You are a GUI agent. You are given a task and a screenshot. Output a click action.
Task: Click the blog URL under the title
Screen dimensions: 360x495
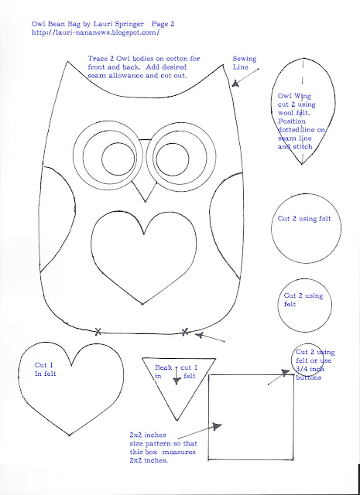click(95, 32)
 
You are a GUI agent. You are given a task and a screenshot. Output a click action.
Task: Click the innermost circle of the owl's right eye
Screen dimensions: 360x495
click(173, 159)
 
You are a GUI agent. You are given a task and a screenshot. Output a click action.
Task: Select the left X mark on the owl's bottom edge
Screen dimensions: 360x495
click(98, 332)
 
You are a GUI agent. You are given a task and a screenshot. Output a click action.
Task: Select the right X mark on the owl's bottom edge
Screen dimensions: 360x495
click(185, 332)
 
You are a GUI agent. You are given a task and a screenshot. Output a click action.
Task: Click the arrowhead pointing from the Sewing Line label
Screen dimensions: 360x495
click(235, 84)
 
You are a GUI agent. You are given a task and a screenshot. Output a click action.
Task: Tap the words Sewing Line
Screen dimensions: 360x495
click(245, 63)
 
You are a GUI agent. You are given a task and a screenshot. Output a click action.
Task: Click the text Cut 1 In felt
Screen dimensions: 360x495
click(45, 370)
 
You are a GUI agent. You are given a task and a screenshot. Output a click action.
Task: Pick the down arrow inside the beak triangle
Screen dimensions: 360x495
click(177, 375)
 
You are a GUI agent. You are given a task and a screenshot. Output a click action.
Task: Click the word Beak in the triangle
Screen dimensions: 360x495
click(163, 367)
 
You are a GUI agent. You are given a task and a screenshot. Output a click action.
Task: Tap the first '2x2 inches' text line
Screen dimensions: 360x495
click(148, 435)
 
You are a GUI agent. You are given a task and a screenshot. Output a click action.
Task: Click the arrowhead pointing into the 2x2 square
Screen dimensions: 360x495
click(217, 427)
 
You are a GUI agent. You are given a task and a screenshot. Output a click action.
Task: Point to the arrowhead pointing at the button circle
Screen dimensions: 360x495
click(286, 373)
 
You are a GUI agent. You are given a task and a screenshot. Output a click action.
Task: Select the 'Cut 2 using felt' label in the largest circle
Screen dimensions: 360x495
click(304, 218)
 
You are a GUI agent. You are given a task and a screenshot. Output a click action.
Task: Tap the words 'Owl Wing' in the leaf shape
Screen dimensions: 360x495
click(294, 96)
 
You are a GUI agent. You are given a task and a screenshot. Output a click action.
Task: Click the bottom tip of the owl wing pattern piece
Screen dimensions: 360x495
click(302, 164)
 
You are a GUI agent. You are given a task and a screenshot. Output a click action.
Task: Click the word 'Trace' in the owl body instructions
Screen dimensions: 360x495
click(98, 59)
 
